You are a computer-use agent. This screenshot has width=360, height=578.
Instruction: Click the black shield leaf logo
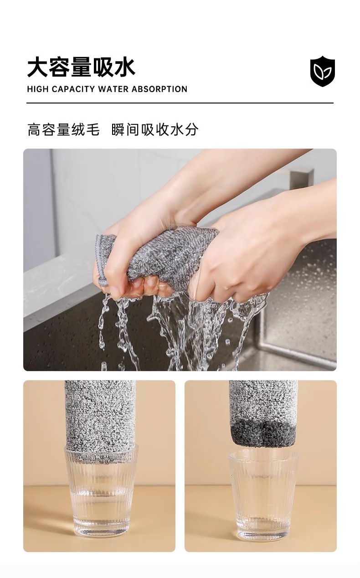point(323,71)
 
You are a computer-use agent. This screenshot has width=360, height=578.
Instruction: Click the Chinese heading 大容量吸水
point(81,67)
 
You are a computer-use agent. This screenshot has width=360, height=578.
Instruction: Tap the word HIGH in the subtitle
point(37,89)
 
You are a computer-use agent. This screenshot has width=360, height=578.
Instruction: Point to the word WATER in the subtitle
point(113,89)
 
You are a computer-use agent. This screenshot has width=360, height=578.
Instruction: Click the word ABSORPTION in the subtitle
point(159,89)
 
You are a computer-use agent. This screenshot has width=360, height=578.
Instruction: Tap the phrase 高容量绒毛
point(63,129)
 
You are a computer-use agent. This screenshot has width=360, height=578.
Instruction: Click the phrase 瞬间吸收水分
point(155,129)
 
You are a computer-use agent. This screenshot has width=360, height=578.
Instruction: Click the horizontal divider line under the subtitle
point(180,103)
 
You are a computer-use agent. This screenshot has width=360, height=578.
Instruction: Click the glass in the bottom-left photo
point(101,492)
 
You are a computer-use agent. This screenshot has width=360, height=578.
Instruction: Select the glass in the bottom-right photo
point(263,495)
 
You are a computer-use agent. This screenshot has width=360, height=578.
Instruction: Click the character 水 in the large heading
point(125,67)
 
